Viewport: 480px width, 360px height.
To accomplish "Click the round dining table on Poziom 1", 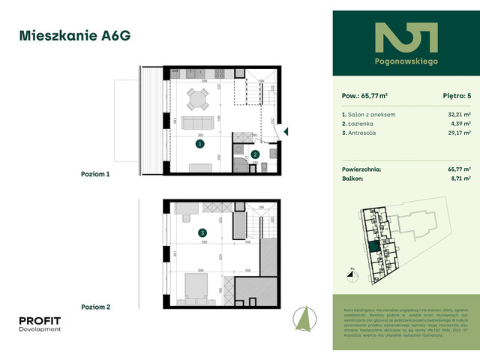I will pos(198,98).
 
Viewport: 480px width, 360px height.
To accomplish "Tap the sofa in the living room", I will pos(198,123).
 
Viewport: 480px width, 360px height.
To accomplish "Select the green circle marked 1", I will pos(199,142).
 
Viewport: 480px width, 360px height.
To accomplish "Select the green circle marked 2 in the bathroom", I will pos(255,155).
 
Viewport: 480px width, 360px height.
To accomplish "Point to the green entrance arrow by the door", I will pos(286,132).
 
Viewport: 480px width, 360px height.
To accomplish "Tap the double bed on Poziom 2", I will pos(198,285).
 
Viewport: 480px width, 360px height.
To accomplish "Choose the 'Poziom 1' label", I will pos(95,173).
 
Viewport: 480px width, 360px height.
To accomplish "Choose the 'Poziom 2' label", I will pos(95,307).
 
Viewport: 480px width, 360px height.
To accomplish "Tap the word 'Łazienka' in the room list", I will pos(365,122).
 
